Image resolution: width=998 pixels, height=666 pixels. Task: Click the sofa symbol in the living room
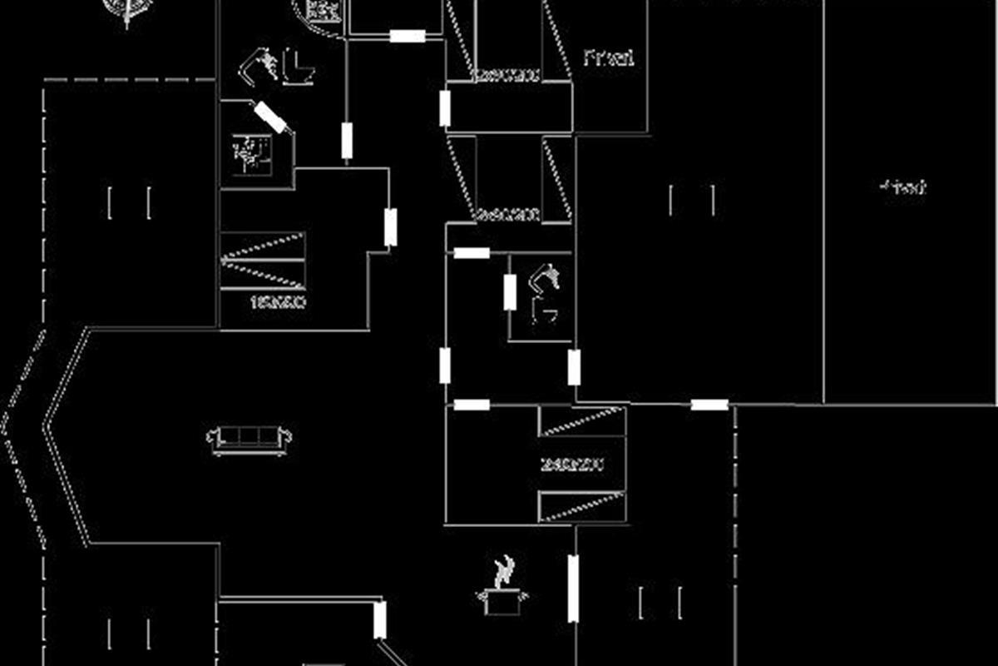click(249, 437)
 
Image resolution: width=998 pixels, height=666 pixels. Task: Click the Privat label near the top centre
click(609, 57)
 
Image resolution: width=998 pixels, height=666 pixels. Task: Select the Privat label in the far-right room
click(902, 187)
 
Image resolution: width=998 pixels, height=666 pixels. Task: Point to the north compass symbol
click(126, 10)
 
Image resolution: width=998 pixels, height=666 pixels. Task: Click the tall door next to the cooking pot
click(573, 588)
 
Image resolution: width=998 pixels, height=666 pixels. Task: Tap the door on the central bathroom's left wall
click(510, 291)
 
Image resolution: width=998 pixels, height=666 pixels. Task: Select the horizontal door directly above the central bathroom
click(472, 252)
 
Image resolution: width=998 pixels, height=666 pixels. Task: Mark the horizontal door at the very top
click(408, 36)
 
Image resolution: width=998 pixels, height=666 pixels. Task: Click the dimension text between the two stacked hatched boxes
click(571, 465)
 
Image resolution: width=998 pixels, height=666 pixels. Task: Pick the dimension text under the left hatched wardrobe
click(277, 302)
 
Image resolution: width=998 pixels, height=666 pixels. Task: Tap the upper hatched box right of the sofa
click(581, 421)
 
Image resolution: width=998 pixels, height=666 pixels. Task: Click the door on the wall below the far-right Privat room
click(709, 405)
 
